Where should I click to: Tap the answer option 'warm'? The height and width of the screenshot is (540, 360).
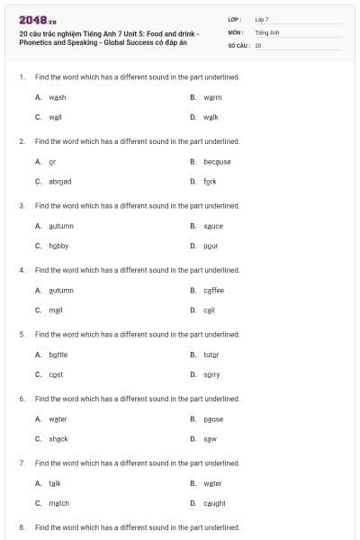[x=212, y=97]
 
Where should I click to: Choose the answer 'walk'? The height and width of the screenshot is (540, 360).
[x=211, y=117]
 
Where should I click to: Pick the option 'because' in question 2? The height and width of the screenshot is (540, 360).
[x=217, y=161]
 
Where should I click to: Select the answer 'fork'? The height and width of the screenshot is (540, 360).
[x=210, y=181]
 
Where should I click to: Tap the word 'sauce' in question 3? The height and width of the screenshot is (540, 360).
[x=213, y=226]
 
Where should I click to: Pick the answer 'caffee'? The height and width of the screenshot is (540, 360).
[x=214, y=290]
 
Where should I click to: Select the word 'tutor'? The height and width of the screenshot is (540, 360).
[x=211, y=355]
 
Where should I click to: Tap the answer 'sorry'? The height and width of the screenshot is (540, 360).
[x=211, y=374]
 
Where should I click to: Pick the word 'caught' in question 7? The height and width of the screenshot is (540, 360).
[x=214, y=503]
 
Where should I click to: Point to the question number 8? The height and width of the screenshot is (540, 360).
[x=22, y=526]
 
